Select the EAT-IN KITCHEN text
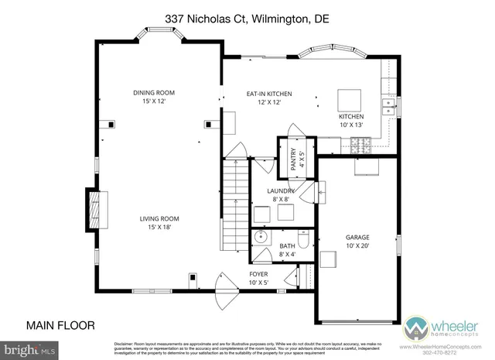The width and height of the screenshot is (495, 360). (x=263, y=98)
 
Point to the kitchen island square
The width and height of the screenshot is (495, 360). (x=350, y=100)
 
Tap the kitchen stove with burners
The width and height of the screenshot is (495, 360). (x=360, y=143)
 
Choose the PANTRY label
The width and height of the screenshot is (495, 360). (x=294, y=160)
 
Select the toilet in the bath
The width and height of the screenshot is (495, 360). (x=305, y=242)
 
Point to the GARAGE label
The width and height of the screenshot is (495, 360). (x=357, y=242)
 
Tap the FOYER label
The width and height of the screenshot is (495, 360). (x=258, y=277)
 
